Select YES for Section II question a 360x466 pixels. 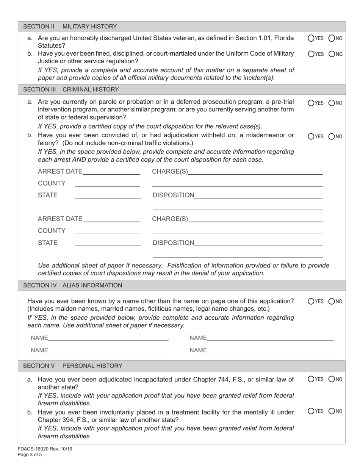point(311,38)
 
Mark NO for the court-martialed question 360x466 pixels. point(332,54)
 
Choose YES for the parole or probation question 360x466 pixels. point(311,102)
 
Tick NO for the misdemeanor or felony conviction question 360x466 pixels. point(332,136)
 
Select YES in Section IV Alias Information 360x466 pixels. point(311,302)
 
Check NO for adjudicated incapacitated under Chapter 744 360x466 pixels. point(332,379)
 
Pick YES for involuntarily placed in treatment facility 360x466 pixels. point(311,411)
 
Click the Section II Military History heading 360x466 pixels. point(70,27)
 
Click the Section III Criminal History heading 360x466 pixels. point(71,89)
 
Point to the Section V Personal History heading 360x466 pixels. point(73,366)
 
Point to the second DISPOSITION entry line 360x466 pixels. point(258,243)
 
